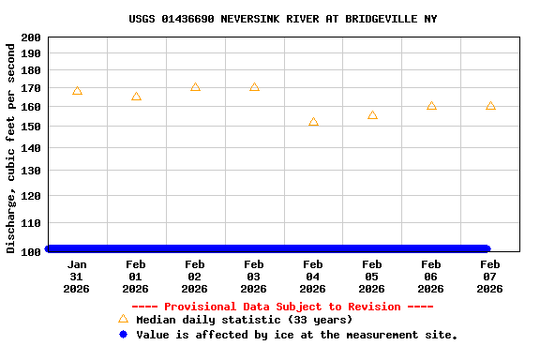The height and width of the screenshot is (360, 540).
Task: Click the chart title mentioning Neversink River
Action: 282,19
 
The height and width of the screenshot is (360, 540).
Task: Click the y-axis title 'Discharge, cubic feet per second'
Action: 11,148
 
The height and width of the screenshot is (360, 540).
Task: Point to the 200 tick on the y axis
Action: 30,37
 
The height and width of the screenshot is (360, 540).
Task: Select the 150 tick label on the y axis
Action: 30,127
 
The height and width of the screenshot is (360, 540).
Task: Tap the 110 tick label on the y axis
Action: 30,223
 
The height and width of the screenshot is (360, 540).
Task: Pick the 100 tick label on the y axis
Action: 30,251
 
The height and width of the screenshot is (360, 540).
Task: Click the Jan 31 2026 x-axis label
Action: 77,277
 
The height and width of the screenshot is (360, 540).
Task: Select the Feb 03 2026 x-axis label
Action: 254,277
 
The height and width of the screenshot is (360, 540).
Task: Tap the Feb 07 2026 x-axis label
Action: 489,277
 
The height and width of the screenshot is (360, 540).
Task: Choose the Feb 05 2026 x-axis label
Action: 372,277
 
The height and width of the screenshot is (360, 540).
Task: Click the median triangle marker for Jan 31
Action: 77,91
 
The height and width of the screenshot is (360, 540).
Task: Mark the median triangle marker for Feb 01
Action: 136,97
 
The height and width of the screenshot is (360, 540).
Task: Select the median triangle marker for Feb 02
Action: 195,87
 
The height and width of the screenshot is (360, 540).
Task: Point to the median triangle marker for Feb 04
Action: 313,122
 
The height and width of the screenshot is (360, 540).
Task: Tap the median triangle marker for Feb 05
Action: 372,115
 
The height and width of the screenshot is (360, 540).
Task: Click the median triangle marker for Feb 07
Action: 490,106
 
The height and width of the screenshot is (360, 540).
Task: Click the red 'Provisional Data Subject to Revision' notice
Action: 282,307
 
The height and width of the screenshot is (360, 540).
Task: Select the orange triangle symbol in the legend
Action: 123,320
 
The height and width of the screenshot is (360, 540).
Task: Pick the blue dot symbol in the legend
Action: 123,335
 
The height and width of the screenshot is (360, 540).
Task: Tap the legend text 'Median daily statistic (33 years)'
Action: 244,321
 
